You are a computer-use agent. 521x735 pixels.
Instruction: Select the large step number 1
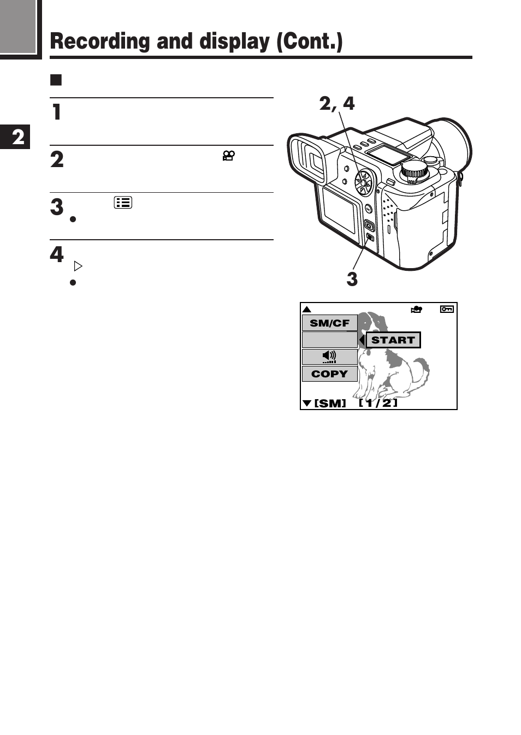tap(56, 112)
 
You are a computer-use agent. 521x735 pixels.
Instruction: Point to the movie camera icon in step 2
tap(228, 156)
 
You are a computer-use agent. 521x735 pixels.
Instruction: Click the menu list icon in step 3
tap(123, 203)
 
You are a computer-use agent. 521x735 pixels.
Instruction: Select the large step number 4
tap(57, 254)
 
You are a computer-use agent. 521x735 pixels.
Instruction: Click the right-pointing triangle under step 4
tap(78, 266)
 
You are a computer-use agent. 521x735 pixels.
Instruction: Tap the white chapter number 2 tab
tap(17, 137)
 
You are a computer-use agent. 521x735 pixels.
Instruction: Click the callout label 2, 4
tap(336, 103)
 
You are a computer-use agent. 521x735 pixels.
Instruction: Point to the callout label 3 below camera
tap(352, 279)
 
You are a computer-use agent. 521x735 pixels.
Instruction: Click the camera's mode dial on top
tap(414, 171)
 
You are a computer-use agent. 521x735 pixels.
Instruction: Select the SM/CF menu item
tap(329, 323)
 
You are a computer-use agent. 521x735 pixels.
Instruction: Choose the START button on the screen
tap(393, 340)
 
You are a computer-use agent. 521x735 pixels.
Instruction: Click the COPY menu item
tap(329, 374)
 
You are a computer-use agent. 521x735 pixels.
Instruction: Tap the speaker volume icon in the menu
tap(329, 357)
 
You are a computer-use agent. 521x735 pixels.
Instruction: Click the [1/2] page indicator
tap(378, 403)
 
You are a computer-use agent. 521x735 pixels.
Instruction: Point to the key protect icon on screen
tap(447, 309)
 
